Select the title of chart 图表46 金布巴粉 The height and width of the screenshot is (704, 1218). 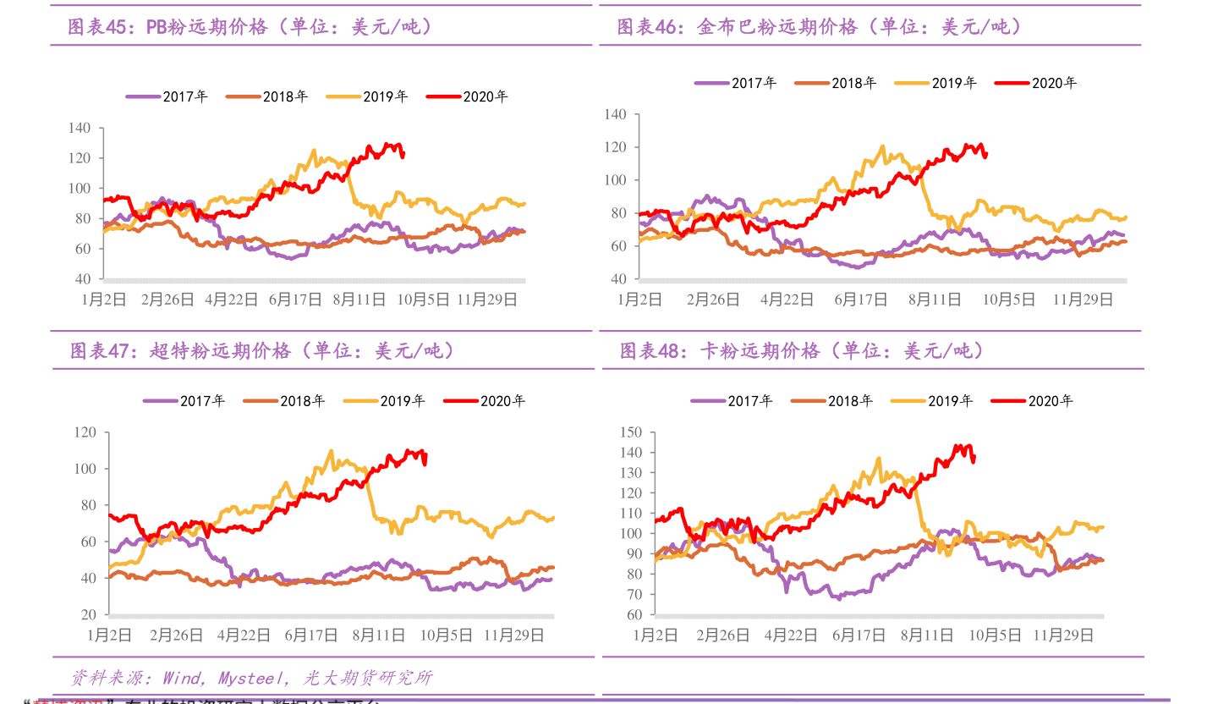point(820,27)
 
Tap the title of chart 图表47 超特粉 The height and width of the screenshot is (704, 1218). point(262,350)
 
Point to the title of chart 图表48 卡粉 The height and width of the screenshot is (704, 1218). point(803,350)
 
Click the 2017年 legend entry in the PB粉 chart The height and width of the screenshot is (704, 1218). point(167,96)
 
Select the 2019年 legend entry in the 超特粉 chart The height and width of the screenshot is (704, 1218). point(385,401)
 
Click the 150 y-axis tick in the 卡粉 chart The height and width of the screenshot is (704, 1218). point(631,432)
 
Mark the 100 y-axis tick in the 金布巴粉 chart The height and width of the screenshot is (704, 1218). point(616,180)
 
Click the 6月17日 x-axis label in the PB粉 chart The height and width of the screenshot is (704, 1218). point(295,300)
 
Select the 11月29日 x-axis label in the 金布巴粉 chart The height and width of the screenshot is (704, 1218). point(1082,300)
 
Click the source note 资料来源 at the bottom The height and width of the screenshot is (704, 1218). point(251,678)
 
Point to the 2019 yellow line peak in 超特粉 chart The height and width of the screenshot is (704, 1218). point(331,451)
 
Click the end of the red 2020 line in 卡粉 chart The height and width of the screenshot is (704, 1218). point(974,459)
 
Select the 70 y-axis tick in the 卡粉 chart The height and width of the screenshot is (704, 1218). point(634,595)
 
